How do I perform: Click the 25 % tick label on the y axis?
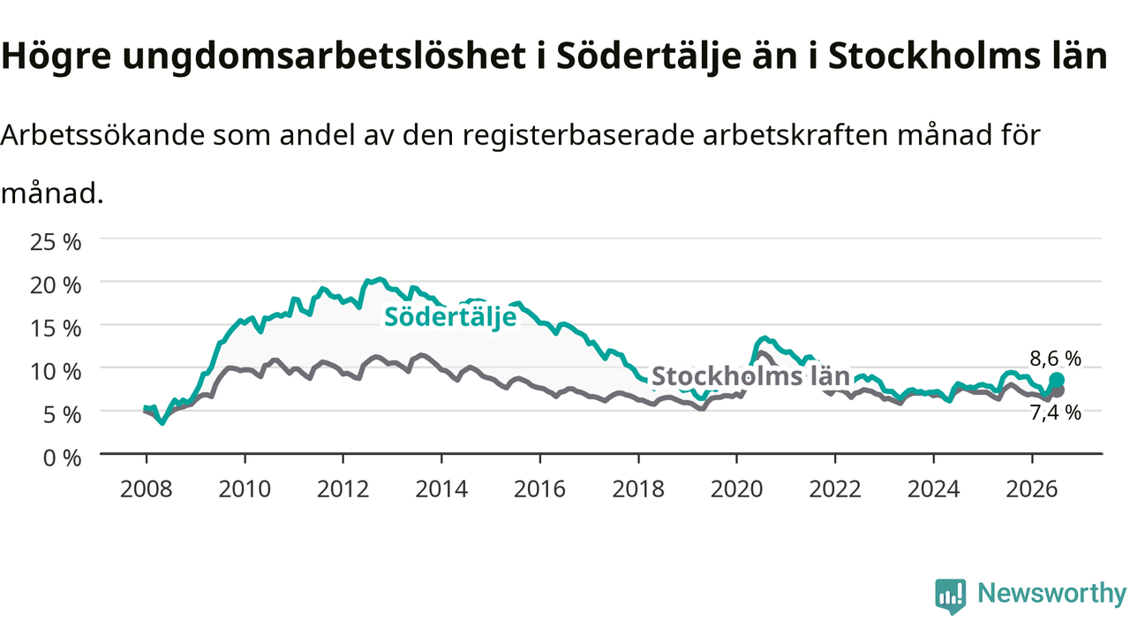point(56,242)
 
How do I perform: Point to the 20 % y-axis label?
point(56,285)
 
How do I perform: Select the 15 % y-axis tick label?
point(56,329)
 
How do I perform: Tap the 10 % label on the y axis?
point(56,372)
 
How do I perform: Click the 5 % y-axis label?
point(62,415)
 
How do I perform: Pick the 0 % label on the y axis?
point(62,458)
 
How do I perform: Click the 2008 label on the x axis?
point(147,489)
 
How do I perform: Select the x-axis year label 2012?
point(343,489)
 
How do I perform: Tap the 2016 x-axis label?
point(539,489)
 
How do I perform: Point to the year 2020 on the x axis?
point(736,489)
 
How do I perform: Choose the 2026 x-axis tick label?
point(1032,489)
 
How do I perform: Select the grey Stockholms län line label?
point(751,376)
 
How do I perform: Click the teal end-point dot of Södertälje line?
point(1057,380)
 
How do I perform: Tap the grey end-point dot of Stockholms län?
point(1058,390)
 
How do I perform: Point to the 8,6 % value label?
point(1055,359)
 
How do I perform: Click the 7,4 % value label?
point(1055,413)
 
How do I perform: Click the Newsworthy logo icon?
point(951,596)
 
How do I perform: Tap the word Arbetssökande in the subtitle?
point(103,135)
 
